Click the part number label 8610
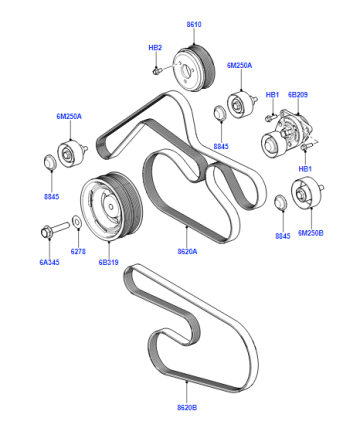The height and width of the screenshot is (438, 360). click(x=194, y=24)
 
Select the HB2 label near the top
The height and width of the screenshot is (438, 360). click(x=155, y=48)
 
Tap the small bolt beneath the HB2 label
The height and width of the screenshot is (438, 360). click(x=156, y=71)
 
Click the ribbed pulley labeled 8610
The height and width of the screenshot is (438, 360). click(x=194, y=68)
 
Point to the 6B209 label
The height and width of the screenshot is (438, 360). click(x=298, y=95)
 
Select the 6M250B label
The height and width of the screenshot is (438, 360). click(x=311, y=233)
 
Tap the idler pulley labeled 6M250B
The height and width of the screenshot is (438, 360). click(x=306, y=195)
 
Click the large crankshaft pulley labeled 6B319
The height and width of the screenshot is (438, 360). click(x=112, y=207)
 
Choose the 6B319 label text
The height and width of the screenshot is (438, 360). click(x=108, y=262)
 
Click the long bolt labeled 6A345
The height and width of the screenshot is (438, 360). click(x=55, y=229)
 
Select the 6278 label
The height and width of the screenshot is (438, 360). click(x=78, y=252)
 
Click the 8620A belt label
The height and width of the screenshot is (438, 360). click(x=187, y=252)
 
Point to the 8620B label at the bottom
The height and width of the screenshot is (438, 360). click(x=187, y=407)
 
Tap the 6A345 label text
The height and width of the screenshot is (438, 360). click(x=49, y=262)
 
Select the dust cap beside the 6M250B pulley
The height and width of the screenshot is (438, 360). click(x=280, y=203)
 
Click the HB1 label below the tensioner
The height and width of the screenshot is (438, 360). click(x=305, y=169)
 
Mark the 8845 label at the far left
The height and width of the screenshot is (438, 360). click(x=51, y=197)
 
